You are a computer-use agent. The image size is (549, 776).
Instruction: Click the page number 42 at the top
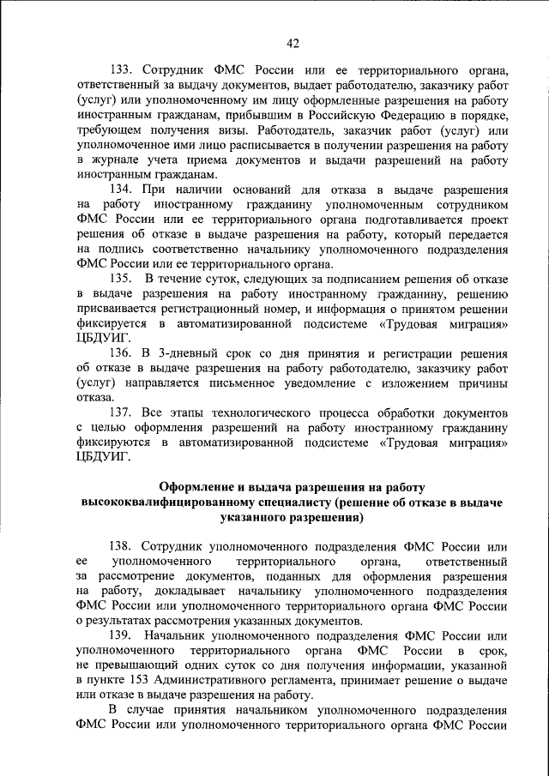pyautogui.click(x=293, y=44)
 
